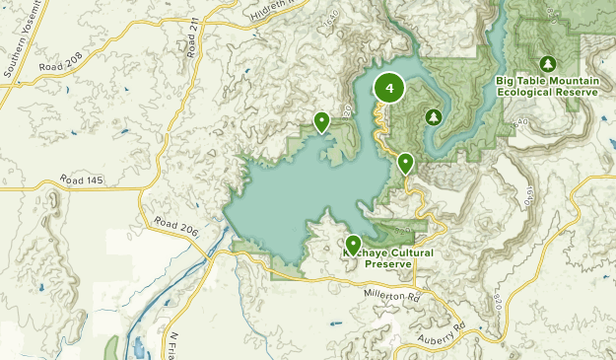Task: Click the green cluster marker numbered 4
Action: (390, 89)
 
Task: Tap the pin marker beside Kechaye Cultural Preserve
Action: (353, 244)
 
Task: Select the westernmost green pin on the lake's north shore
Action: (321, 121)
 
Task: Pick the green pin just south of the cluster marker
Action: (405, 163)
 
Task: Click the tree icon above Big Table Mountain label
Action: (548, 61)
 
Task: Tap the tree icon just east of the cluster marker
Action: (433, 116)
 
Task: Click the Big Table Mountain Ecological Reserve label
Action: (548, 86)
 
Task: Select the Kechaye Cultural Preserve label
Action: (387, 258)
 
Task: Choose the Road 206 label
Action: (177, 229)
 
